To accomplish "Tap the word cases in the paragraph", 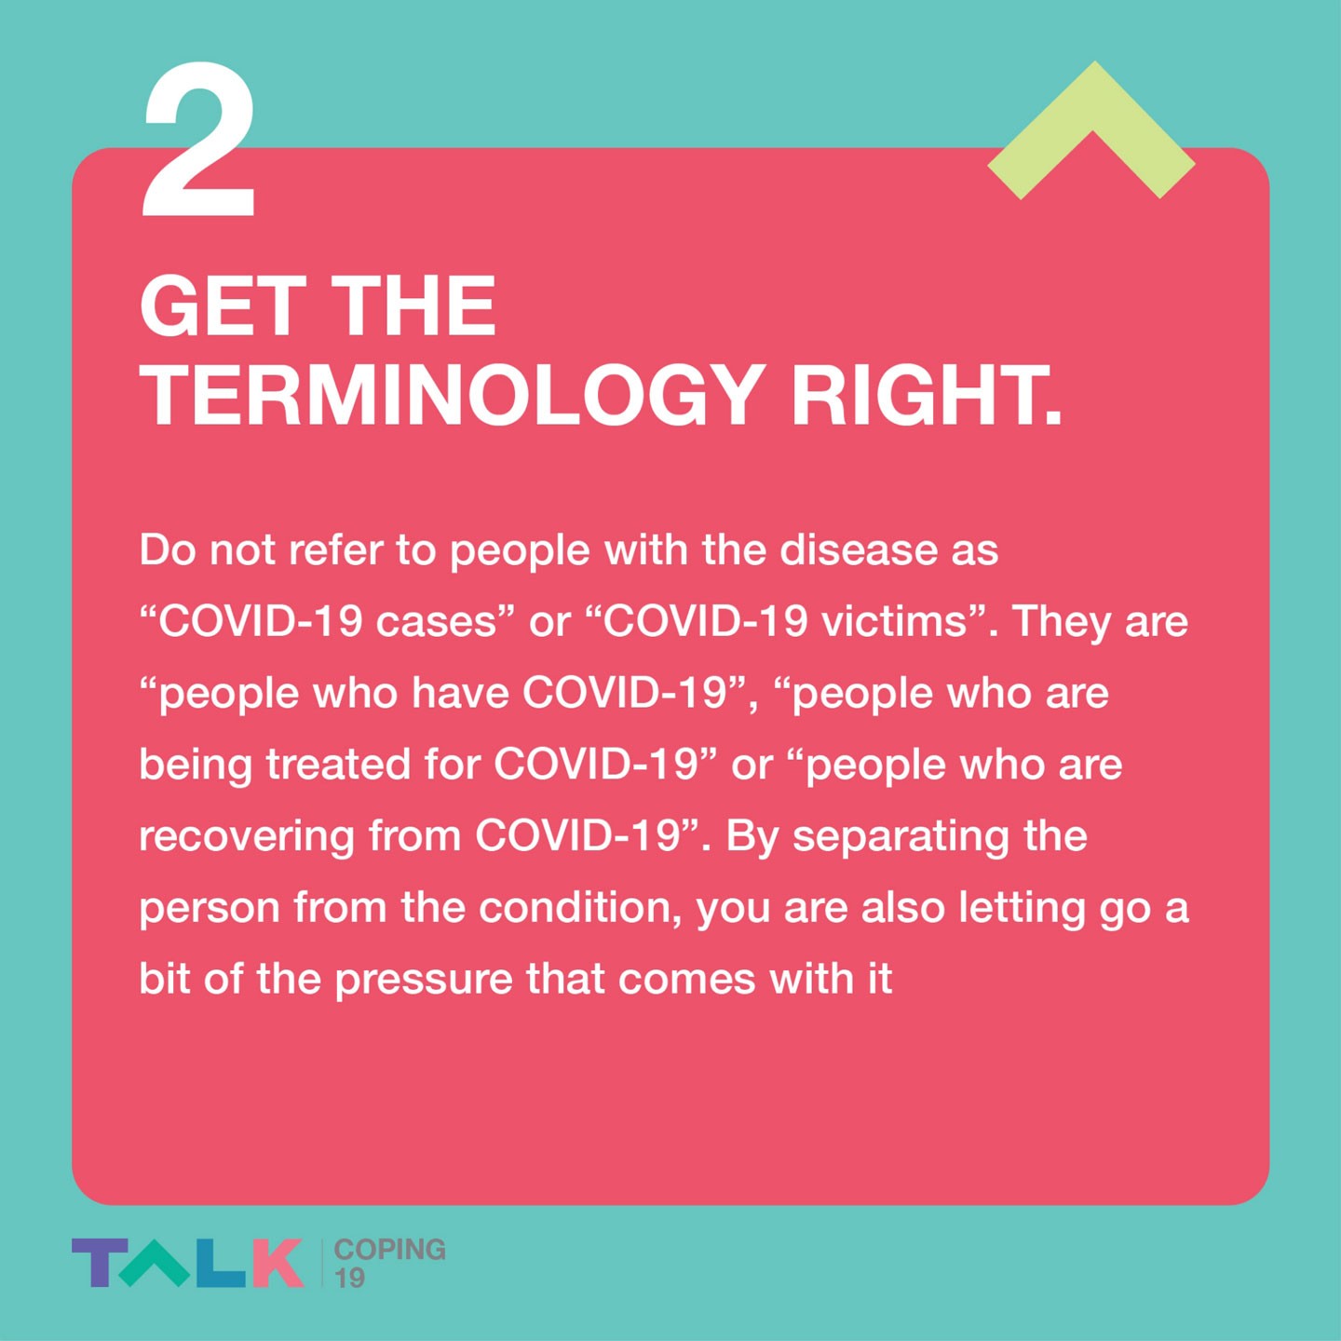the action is [x=436, y=622].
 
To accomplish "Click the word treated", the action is [x=339, y=765].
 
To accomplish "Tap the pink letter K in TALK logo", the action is [x=278, y=1263].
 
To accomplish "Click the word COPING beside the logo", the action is [x=389, y=1249].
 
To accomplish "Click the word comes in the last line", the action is [x=686, y=980].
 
